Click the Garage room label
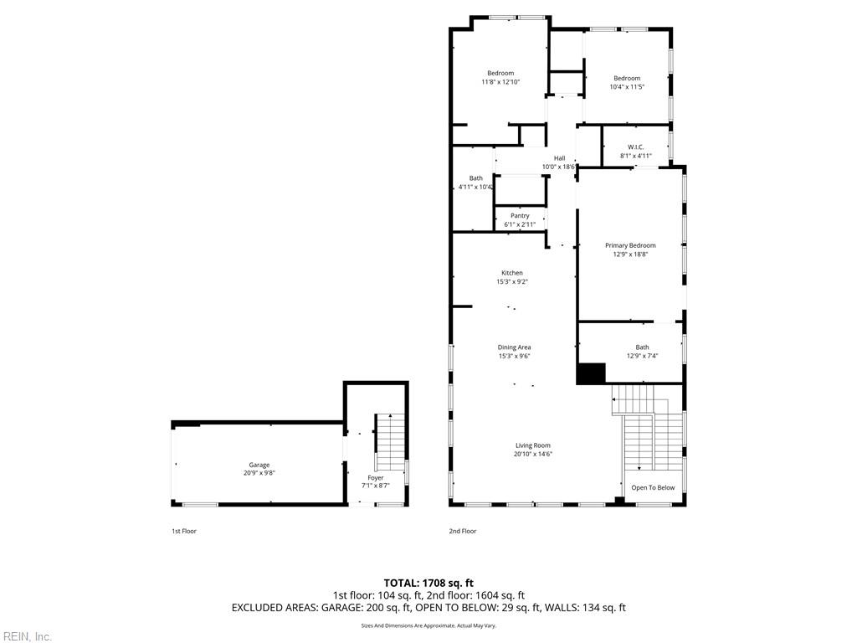[259, 465]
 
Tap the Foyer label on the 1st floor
[375, 478]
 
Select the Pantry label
[520, 216]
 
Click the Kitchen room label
[511, 273]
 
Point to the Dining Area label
[514, 347]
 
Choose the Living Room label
[532, 445]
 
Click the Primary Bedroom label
[630, 245]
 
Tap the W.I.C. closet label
[635, 147]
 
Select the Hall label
[559, 158]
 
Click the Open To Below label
[653, 487]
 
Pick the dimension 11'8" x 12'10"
[500, 82]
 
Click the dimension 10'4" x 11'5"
[626, 87]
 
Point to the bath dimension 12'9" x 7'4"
[642, 356]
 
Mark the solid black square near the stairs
[591, 373]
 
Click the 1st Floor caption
[184, 531]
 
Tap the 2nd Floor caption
[462, 531]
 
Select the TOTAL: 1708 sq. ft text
[428, 583]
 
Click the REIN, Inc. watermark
[27, 636]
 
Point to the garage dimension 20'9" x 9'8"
[259, 473]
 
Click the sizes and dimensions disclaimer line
[428, 625]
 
